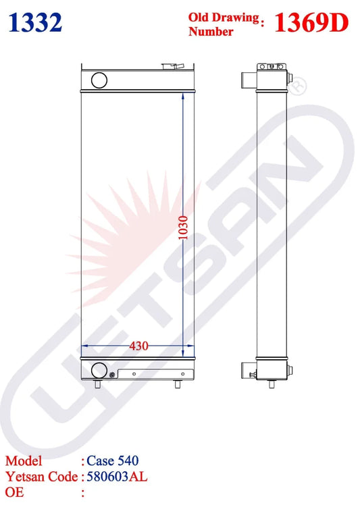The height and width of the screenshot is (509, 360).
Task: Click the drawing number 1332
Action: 36,23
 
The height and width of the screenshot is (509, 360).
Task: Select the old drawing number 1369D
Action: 310,23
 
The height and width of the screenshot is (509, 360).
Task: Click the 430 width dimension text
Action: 138,346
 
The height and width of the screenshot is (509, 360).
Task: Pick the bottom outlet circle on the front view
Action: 99,370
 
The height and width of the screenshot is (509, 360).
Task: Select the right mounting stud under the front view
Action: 178,385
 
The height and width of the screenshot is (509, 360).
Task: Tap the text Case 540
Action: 113,461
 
